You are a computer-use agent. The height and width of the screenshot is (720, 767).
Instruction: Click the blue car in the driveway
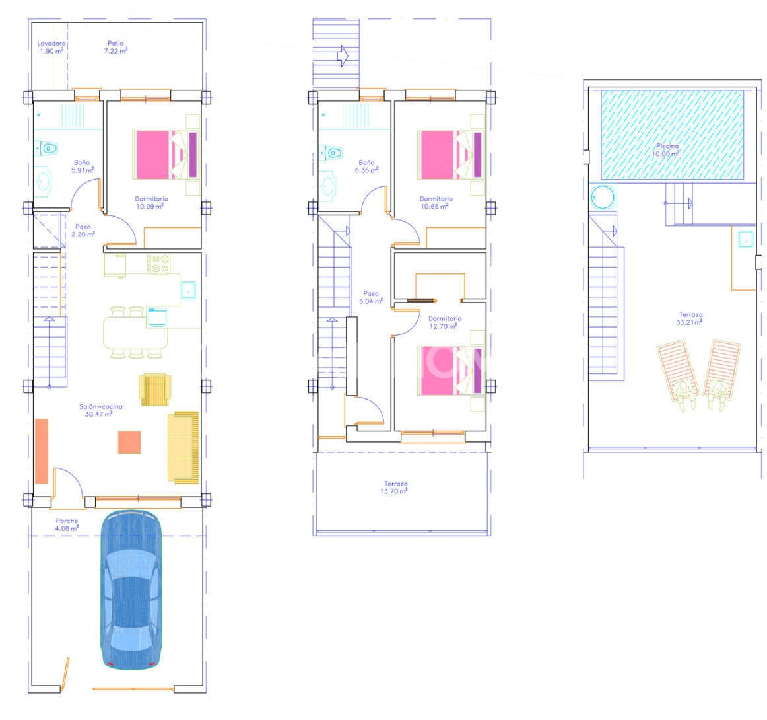tap(131, 589)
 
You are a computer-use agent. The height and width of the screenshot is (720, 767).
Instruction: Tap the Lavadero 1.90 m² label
tap(51, 47)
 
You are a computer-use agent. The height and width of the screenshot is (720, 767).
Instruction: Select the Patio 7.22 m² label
tap(116, 47)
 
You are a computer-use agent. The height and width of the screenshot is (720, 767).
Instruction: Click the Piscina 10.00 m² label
tap(667, 150)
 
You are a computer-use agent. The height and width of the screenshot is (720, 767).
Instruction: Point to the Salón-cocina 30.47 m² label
tap(101, 410)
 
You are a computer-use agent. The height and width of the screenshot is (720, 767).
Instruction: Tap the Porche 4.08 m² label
tap(67, 524)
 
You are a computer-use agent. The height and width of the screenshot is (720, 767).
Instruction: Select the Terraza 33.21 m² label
tap(690, 318)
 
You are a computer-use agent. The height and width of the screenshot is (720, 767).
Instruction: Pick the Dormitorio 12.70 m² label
tap(445, 322)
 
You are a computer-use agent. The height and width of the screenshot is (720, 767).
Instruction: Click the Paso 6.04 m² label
tap(371, 298)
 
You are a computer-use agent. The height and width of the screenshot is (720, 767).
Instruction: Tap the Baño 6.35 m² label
tap(366, 166)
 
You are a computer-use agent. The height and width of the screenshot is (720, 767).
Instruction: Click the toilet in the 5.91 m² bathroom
tap(46, 148)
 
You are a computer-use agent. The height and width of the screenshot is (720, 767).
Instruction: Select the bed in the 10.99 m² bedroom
tap(166, 155)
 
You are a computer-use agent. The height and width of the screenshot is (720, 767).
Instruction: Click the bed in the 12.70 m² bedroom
tap(451, 371)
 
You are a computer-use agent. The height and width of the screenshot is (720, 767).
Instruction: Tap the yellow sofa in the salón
tap(183, 447)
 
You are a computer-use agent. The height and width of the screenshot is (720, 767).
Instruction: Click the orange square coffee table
tap(129, 442)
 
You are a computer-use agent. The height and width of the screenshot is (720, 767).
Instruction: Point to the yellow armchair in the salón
tap(155, 389)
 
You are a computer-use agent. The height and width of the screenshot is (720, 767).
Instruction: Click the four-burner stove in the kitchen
tap(159, 264)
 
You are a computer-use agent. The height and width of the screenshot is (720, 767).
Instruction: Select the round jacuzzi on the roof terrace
tap(602, 198)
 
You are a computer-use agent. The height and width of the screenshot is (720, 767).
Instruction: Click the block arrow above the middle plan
tap(343, 55)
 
